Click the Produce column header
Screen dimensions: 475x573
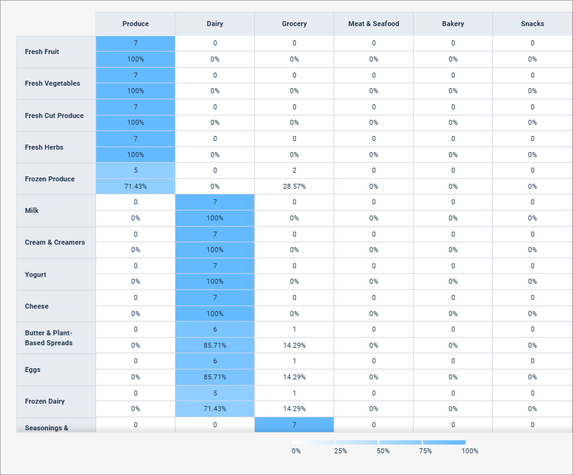[x=135, y=24]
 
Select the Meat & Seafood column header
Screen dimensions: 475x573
[x=373, y=24]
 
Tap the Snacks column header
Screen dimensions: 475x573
[x=532, y=24]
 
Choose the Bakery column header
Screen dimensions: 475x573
[x=453, y=24]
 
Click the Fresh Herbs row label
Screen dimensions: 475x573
[x=44, y=147]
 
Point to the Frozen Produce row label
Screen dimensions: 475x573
[x=50, y=179]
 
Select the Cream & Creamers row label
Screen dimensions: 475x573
[x=55, y=242]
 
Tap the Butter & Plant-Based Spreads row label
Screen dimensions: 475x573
[x=49, y=338]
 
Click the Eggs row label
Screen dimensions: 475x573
[x=32, y=369]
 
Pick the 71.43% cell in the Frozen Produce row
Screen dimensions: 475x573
[x=135, y=186]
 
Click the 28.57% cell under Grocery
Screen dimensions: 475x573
[x=294, y=186]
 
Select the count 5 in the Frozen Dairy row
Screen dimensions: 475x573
[x=215, y=393]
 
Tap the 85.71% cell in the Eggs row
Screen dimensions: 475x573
[x=215, y=377]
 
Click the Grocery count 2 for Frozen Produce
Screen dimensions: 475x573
[x=294, y=170]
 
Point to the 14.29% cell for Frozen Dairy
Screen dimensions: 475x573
[x=294, y=409]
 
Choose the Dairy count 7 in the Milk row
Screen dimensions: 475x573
[x=215, y=202]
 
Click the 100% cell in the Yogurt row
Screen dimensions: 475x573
[x=215, y=281]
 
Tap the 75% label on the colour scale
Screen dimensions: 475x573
[x=425, y=451]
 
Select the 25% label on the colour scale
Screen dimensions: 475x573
[x=340, y=451]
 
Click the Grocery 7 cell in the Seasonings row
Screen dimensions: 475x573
[x=294, y=425]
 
